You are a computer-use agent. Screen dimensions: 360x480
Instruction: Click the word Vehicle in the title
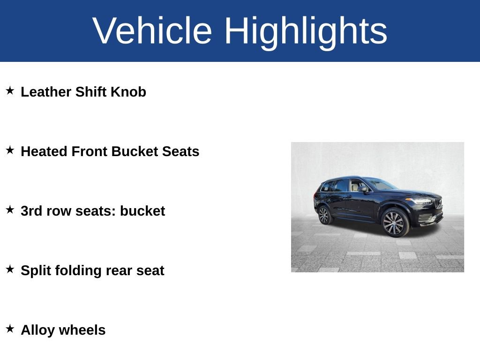[x=152, y=31]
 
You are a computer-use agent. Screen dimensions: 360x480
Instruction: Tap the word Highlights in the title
[x=306, y=31]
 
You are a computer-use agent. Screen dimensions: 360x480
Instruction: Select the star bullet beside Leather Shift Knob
[x=10, y=90]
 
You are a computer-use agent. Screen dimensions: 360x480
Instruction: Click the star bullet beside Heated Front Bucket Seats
[x=10, y=150]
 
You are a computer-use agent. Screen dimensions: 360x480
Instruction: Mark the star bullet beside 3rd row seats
[x=10, y=210]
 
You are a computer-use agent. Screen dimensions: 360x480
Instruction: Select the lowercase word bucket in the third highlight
[x=142, y=211]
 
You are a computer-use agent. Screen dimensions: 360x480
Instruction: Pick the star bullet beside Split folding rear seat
[x=10, y=269]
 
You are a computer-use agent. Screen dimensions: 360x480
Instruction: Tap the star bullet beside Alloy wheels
[x=10, y=329]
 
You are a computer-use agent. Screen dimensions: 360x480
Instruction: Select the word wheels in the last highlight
[x=82, y=330]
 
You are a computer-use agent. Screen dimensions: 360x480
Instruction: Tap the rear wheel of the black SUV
[x=323, y=215]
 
